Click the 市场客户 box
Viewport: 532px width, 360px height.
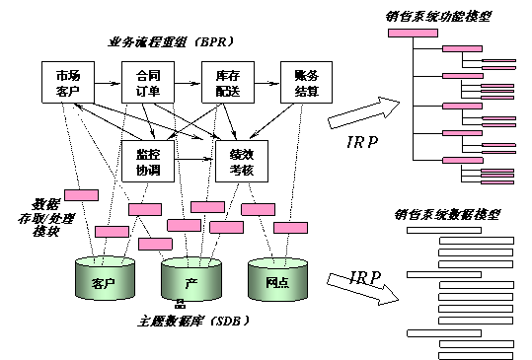point(68,83)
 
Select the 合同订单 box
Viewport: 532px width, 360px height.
point(148,83)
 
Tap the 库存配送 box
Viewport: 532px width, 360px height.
point(227,83)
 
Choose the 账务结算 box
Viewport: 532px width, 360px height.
point(306,83)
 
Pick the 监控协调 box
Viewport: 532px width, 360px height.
point(148,161)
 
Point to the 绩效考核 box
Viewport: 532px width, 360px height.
point(242,161)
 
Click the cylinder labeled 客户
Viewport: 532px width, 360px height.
point(104,281)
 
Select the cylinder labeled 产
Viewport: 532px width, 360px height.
point(190,281)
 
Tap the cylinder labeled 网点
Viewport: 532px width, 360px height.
point(276,281)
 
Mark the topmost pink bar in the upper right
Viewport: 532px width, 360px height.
point(413,33)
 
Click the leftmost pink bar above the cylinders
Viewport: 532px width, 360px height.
point(81,195)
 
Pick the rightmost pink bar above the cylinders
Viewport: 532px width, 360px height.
point(290,228)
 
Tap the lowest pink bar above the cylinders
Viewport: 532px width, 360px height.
point(155,244)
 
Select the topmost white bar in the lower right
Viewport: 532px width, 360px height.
point(443,230)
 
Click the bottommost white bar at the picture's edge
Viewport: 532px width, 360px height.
point(476,355)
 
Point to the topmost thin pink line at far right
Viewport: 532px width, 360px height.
point(498,61)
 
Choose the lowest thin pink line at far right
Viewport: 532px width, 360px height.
point(498,182)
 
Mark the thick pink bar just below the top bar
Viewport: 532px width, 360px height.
point(462,48)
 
